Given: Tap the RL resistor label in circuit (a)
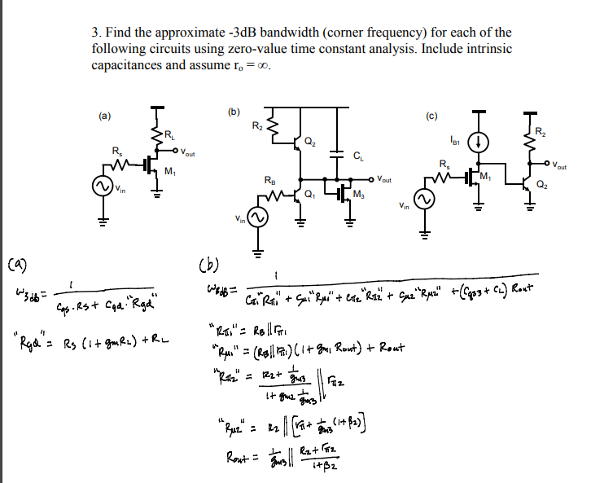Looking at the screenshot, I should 169,134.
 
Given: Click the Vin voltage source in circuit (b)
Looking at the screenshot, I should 258,217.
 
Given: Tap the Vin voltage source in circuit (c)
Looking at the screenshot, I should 422,200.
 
